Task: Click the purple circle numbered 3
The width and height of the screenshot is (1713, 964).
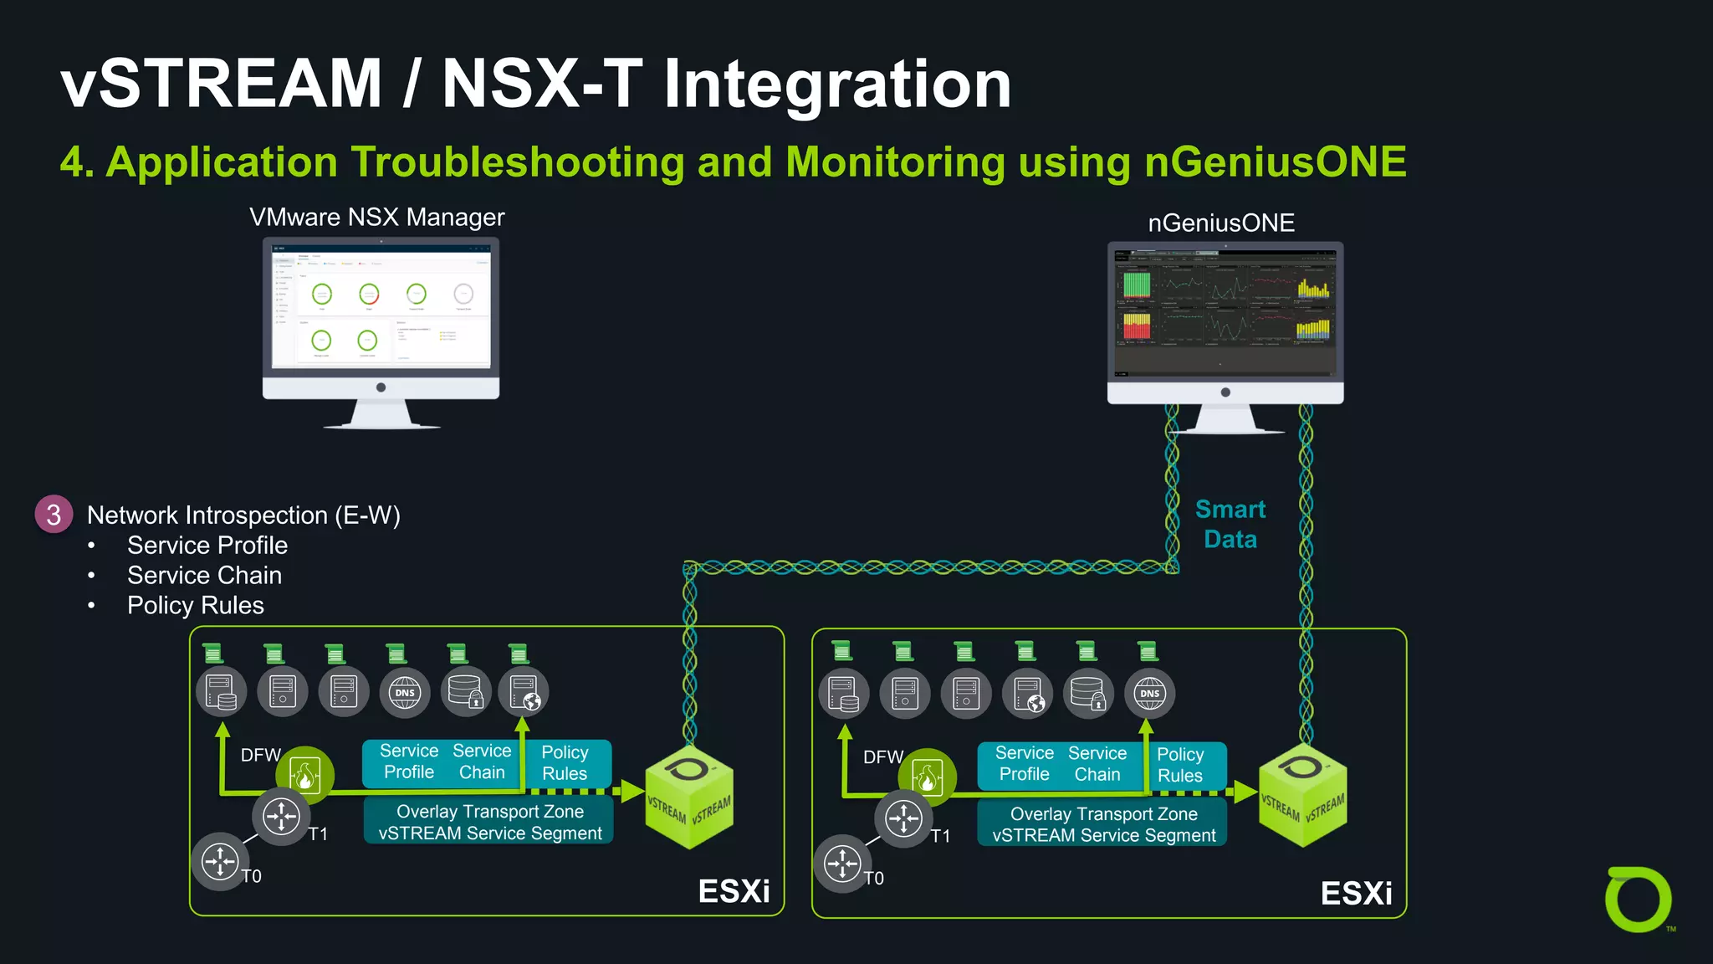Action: click(x=54, y=514)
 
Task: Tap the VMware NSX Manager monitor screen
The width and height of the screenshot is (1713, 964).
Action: click(x=381, y=307)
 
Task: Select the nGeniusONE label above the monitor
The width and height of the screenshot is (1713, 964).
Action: click(x=1220, y=223)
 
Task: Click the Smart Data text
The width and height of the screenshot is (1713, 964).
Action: click(x=1230, y=524)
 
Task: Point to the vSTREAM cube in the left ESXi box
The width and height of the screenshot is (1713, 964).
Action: click(x=688, y=797)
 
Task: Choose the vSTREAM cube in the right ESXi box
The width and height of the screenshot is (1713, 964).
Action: click(x=1302, y=795)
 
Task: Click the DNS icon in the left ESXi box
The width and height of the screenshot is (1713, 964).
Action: click(x=405, y=692)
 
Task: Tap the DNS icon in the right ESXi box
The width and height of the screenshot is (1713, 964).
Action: click(x=1149, y=693)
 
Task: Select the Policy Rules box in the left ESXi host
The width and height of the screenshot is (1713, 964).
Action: click(x=565, y=762)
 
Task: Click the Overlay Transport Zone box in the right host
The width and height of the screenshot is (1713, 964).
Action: click(x=1103, y=824)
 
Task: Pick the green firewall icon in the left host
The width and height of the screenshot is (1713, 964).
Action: click(x=305, y=774)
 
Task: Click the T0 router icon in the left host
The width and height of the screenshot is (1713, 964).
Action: click(x=220, y=860)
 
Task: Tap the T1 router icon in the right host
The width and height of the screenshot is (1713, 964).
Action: click(x=903, y=818)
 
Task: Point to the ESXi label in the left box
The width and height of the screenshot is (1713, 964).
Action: click(x=734, y=891)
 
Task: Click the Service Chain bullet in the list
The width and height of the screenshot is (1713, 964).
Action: click(x=204, y=575)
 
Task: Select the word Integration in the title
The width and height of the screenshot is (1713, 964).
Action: click(x=836, y=85)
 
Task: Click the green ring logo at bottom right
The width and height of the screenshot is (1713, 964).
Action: click(x=1637, y=900)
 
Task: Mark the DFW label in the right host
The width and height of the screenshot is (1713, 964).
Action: click(x=882, y=756)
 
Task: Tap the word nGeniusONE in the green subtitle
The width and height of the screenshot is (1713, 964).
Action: click(x=1275, y=162)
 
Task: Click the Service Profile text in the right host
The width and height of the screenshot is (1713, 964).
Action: click(x=1024, y=763)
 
